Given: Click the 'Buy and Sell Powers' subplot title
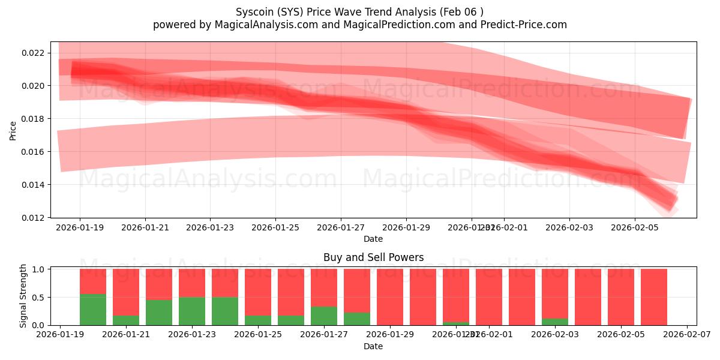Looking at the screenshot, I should pyautogui.click(x=373, y=257).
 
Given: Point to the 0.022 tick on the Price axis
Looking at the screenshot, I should pyautogui.click(x=33, y=53).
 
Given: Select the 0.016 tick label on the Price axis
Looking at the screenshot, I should pyautogui.click(x=33, y=152).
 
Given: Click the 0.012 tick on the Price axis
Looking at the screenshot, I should pyautogui.click(x=33, y=217).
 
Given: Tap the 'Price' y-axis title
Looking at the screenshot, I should pyautogui.click(x=13, y=130).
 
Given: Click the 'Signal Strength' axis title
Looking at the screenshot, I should pyautogui.click(x=23, y=296).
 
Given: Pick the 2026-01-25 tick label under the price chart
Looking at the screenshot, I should pyautogui.click(x=275, y=228).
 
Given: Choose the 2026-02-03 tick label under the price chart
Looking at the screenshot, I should pyautogui.click(x=569, y=228).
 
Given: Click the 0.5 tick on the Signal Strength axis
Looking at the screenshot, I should pyautogui.click(x=38, y=298).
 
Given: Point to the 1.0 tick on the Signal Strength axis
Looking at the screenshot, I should pyautogui.click(x=38, y=269).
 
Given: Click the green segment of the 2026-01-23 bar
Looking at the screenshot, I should pyautogui.click(x=192, y=311).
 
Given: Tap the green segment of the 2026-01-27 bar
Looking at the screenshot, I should pyautogui.click(x=324, y=316).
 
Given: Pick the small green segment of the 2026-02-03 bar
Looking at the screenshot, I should pyautogui.click(x=555, y=322).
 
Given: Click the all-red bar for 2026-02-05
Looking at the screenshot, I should pyautogui.click(x=621, y=297).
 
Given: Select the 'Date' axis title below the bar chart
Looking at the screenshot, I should pyautogui.click(x=373, y=346).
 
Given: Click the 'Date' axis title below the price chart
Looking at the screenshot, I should pyautogui.click(x=373, y=239).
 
